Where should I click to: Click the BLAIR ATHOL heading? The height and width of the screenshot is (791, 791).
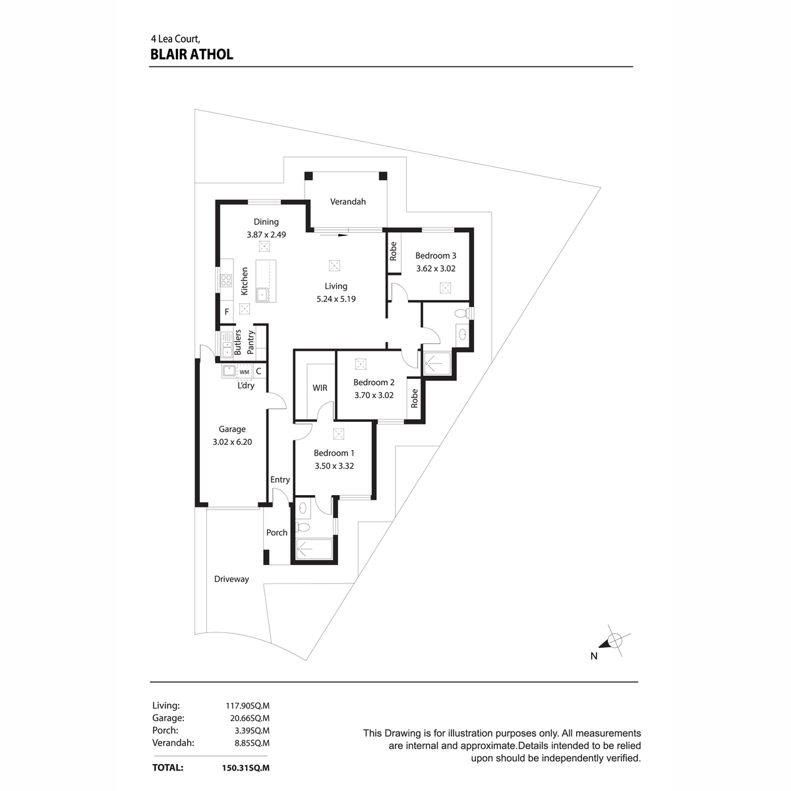[192, 54]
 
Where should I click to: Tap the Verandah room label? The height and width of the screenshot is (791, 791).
[347, 202]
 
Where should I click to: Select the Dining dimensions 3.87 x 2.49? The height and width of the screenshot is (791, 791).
[266, 235]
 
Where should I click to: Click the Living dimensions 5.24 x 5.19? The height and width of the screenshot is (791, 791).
[336, 299]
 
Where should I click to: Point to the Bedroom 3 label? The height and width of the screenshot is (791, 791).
[436, 255]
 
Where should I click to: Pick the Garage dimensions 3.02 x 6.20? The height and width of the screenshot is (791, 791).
[232, 442]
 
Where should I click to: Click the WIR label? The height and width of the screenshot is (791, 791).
[320, 388]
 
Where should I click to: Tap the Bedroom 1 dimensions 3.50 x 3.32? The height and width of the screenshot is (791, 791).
[334, 466]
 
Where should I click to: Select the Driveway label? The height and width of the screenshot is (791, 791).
[231, 579]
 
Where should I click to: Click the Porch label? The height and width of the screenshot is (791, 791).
[277, 533]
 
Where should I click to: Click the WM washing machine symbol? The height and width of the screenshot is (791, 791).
[245, 372]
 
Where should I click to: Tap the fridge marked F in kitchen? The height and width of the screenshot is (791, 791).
[227, 312]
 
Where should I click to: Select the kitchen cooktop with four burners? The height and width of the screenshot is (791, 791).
[226, 280]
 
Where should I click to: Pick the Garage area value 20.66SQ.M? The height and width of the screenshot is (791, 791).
[250, 718]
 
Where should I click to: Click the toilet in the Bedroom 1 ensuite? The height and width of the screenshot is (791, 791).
[303, 527]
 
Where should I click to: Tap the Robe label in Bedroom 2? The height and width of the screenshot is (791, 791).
[414, 398]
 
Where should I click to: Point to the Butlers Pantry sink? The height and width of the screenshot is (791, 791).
[227, 345]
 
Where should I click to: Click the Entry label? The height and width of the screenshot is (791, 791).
[280, 480]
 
